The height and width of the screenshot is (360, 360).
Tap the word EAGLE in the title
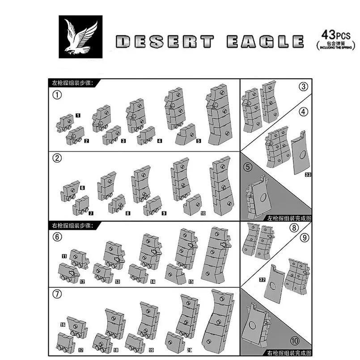(x=262, y=42)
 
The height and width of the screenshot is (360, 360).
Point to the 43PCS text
(x=333, y=35)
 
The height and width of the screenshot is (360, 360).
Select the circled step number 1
(x=57, y=95)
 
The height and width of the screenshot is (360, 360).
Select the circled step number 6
(x=57, y=237)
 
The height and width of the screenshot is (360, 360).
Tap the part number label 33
(x=307, y=175)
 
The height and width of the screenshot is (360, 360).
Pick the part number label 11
(x=64, y=256)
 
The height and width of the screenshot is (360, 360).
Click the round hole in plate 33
(x=301, y=156)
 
